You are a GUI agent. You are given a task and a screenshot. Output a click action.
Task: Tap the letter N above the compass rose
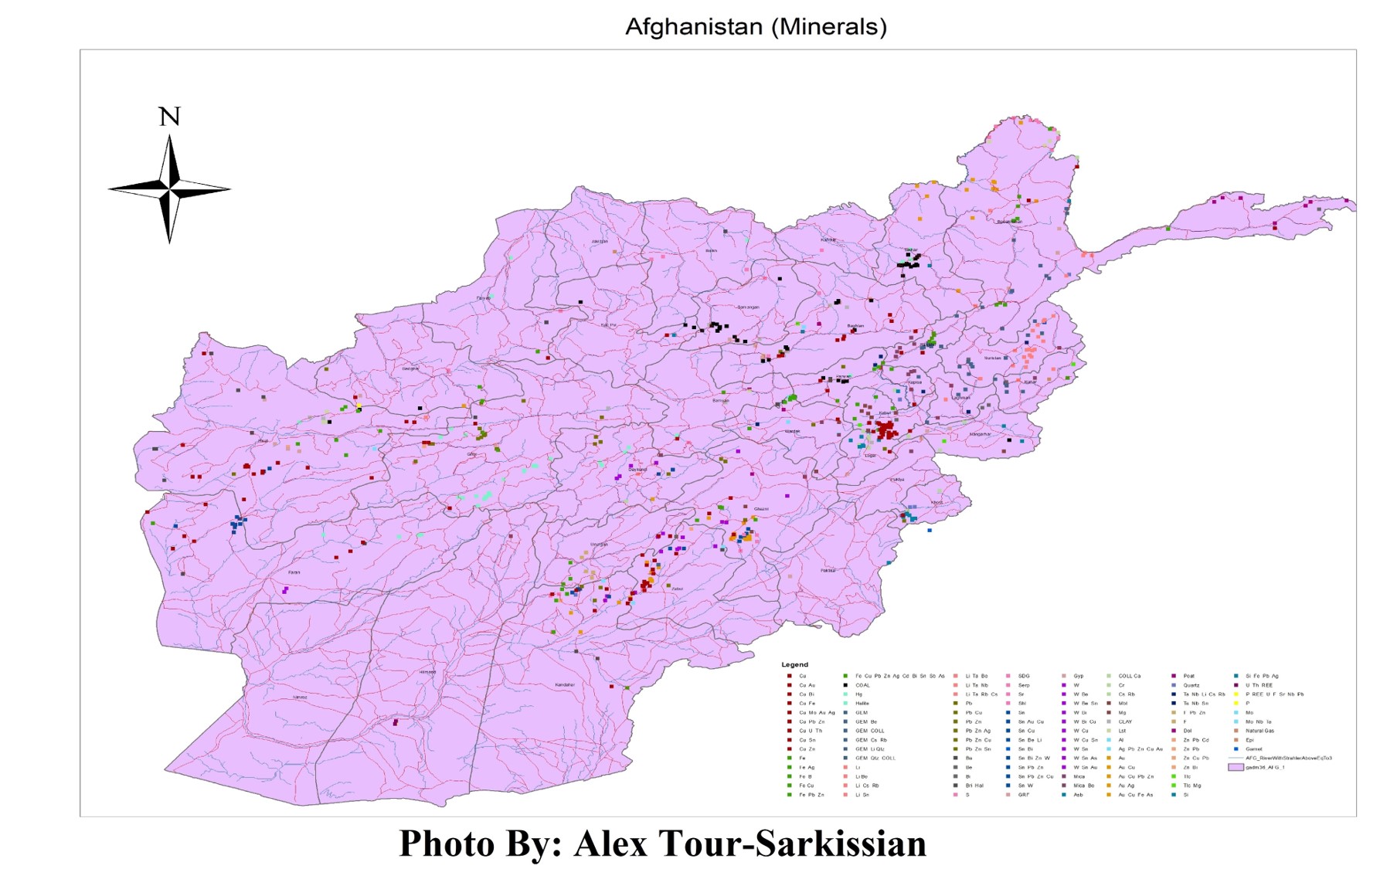click(x=169, y=117)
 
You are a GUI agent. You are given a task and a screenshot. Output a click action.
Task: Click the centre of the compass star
click(x=169, y=188)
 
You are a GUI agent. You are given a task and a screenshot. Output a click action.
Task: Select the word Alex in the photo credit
click(x=610, y=843)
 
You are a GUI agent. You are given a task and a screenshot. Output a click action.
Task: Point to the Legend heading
click(x=794, y=664)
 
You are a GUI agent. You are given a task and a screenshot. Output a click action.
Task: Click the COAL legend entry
click(x=862, y=685)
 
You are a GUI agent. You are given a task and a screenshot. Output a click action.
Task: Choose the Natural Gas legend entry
click(x=1259, y=731)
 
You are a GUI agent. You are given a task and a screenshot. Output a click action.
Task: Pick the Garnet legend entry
click(x=1253, y=749)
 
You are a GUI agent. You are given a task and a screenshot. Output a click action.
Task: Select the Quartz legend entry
click(x=1191, y=685)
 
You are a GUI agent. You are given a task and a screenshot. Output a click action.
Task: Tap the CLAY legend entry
click(x=1125, y=721)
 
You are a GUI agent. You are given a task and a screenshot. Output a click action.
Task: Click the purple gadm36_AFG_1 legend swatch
click(x=1236, y=768)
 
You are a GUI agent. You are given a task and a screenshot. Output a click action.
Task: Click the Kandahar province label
click(x=565, y=685)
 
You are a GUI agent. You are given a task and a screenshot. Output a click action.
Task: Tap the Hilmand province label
click(x=427, y=672)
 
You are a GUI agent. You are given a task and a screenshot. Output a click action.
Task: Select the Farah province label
click(x=294, y=572)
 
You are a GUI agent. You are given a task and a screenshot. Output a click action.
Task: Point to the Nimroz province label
click(x=300, y=698)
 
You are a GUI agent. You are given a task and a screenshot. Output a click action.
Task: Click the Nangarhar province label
click(x=980, y=434)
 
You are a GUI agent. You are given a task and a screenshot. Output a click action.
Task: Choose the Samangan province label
click(x=748, y=307)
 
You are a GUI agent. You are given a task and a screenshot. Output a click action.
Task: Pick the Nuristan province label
click(x=992, y=358)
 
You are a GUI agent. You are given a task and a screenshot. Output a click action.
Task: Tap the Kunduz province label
click(x=828, y=240)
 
